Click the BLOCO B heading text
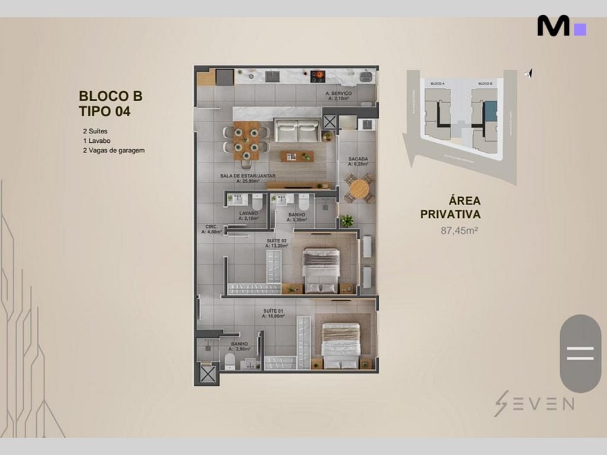(x=110, y=96)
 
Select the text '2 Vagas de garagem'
(x=114, y=150)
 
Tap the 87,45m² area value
(x=459, y=231)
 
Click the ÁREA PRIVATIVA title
(x=451, y=207)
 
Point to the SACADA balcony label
(x=358, y=160)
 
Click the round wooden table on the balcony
(x=359, y=189)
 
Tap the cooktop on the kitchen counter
(x=318, y=75)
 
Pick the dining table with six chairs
(x=245, y=140)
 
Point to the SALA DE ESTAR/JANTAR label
(x=248, y=177)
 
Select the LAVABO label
(x=248, y=214)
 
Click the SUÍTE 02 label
(x=276, y=241)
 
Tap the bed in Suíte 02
(x=321, y=270)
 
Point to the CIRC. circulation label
(x=211, y=227)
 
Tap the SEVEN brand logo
(x=533, y=403)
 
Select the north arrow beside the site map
(x=529, y=73)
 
